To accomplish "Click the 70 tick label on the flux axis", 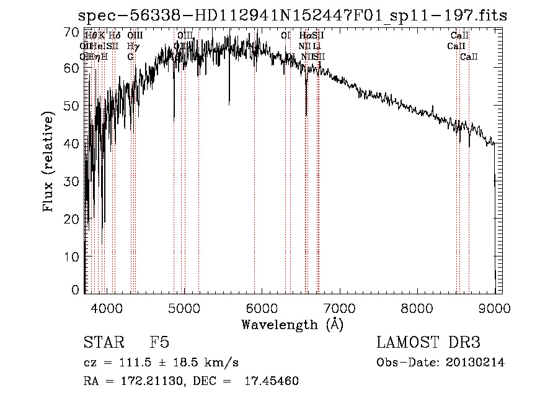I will point(72,32).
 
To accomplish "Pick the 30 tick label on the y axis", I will point(72,181).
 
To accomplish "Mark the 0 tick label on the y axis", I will point(76,290).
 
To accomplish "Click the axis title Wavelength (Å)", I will point(292,324).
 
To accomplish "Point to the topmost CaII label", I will point(459,36).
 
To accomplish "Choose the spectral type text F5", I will point(159,343).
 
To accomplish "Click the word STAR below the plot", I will point(102,343).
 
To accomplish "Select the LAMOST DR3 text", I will point(428,343).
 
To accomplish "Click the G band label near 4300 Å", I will point(130,57).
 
